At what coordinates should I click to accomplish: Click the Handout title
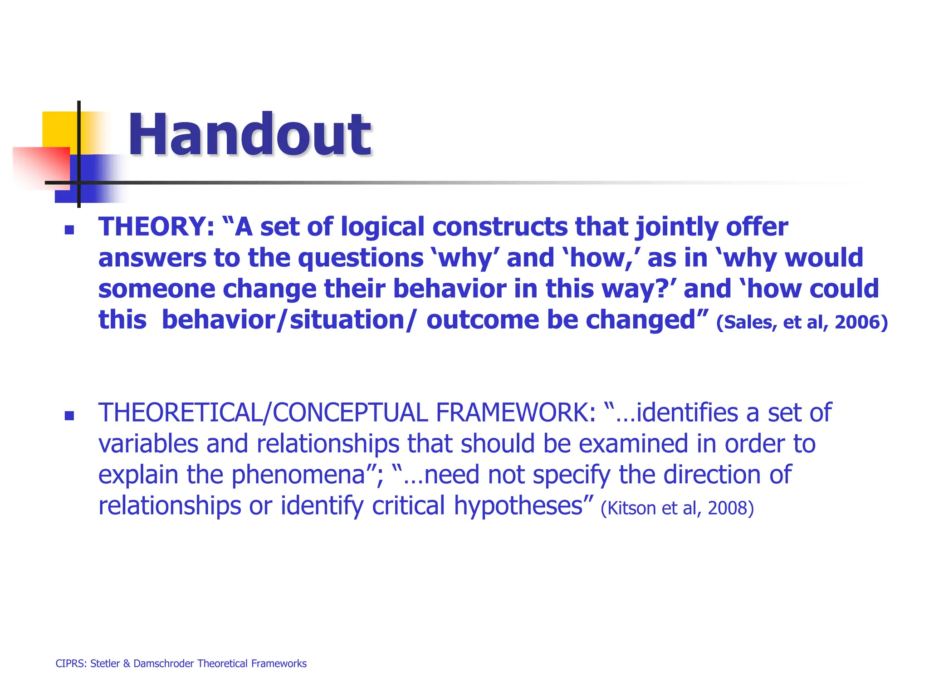[249, 135]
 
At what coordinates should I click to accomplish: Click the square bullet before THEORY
[69, 230]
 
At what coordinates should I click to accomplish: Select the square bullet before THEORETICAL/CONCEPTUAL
[69, 416]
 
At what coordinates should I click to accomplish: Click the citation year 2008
[730, 508]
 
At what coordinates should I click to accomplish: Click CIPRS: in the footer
[71, 663]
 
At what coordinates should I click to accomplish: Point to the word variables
[148, 444]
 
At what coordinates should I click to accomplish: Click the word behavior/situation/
[288, 320]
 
